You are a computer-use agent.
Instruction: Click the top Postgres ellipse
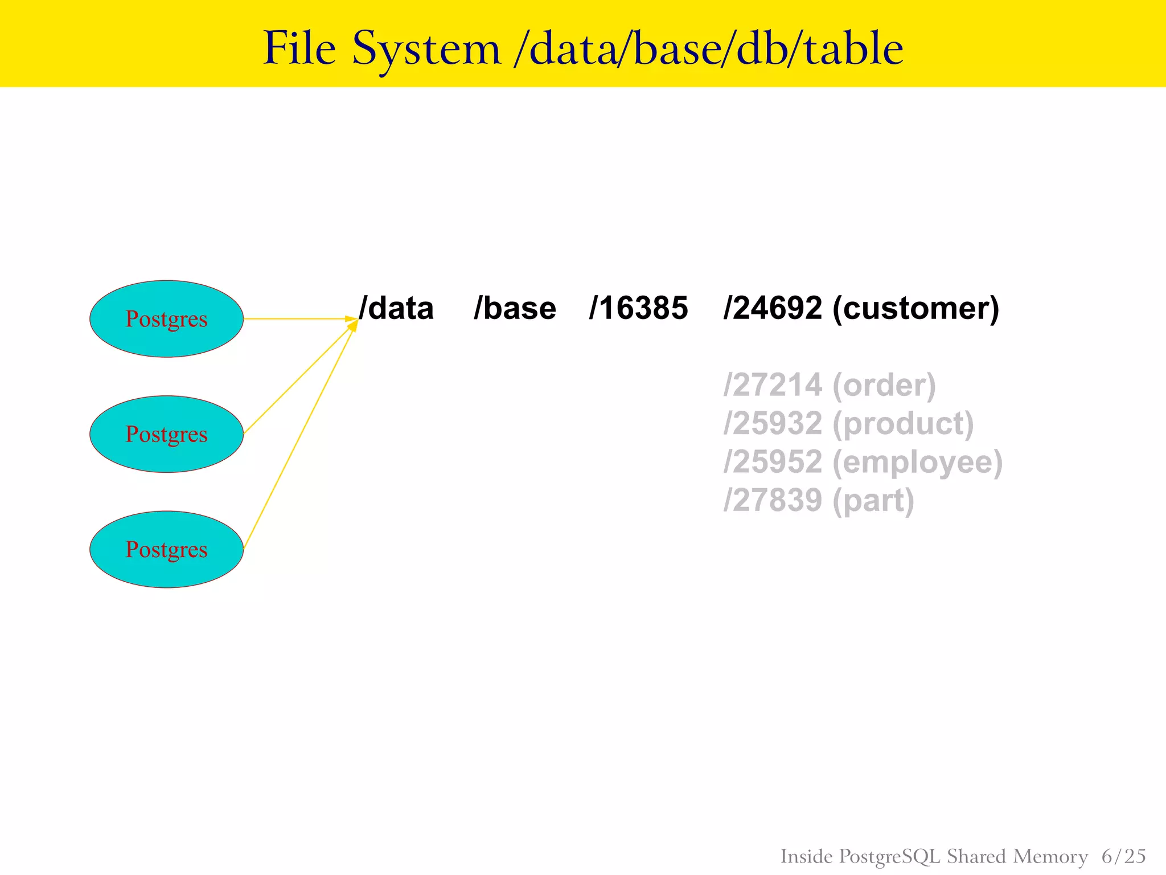click(166, 319)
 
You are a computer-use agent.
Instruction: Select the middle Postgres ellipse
click(166, 434)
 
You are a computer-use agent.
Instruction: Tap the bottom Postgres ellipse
click(166, 549)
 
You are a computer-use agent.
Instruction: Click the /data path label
click(396, 308)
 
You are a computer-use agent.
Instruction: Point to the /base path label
click(515, 308)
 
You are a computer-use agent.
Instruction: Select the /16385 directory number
click(638, 308)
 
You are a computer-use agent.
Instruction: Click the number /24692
click(773, 308)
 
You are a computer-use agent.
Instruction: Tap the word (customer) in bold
click(915, 308)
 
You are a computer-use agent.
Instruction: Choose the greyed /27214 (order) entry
click(830, 385)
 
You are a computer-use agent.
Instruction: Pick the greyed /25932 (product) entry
click(848, 423)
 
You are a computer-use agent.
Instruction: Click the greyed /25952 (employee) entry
click(863, 461)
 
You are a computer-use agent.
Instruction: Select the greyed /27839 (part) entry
click(819, 500)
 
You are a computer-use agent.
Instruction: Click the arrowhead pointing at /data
click(352, 321)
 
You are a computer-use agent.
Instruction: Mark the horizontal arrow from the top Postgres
click(293, 319)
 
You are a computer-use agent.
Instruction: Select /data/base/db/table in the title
click(708, 49)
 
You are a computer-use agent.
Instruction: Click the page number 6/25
click(1123, 856)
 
